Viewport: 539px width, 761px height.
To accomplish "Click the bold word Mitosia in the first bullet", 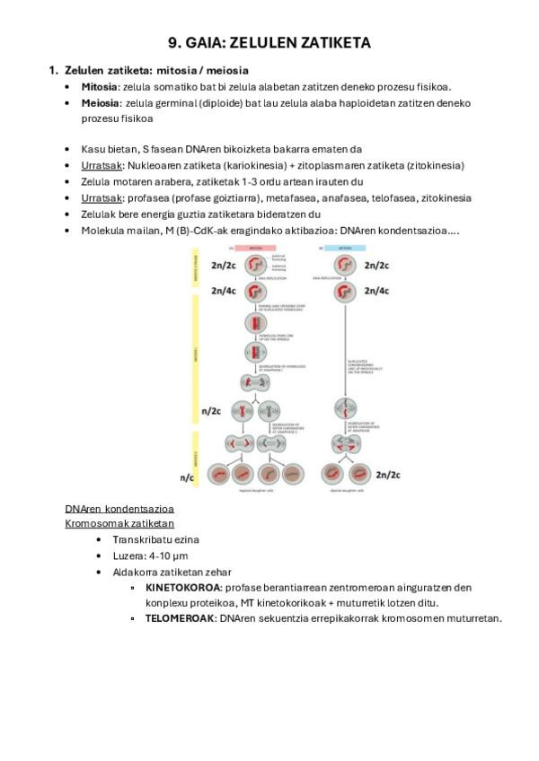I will coord(99,87).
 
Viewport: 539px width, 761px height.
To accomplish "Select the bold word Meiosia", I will coord(100,103).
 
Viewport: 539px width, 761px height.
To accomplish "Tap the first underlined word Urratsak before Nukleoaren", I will coord(101,166).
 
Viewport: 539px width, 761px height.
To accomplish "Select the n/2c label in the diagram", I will coord(211,412).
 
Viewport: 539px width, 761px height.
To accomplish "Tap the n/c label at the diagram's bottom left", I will coord(187,478).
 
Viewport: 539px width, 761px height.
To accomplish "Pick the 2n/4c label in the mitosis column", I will coord(375,292).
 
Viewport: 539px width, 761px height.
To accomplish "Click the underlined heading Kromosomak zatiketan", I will coord(119,523).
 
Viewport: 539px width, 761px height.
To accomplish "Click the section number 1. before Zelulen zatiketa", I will coord(53,70).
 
